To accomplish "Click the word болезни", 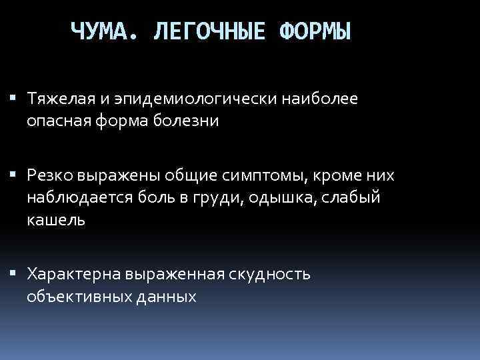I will click(x=189, y=121).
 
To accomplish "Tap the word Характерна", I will click(x=71, y=273).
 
